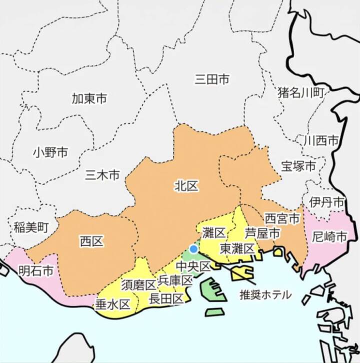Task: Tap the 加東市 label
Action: [x=89, y=98]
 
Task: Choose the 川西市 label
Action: [x=321, y=140]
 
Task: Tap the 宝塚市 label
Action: [x=298, y=165]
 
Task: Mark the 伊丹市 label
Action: [x=326, y=202]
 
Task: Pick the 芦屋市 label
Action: [x=262, y=232]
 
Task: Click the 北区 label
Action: [x=186, y=186]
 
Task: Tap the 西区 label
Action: [x=91, y=242]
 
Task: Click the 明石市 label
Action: [x=35, y=271]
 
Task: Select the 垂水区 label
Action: [x=112, y=303]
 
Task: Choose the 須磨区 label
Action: [x=138, y=285]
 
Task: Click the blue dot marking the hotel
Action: [x=193, y=248]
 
